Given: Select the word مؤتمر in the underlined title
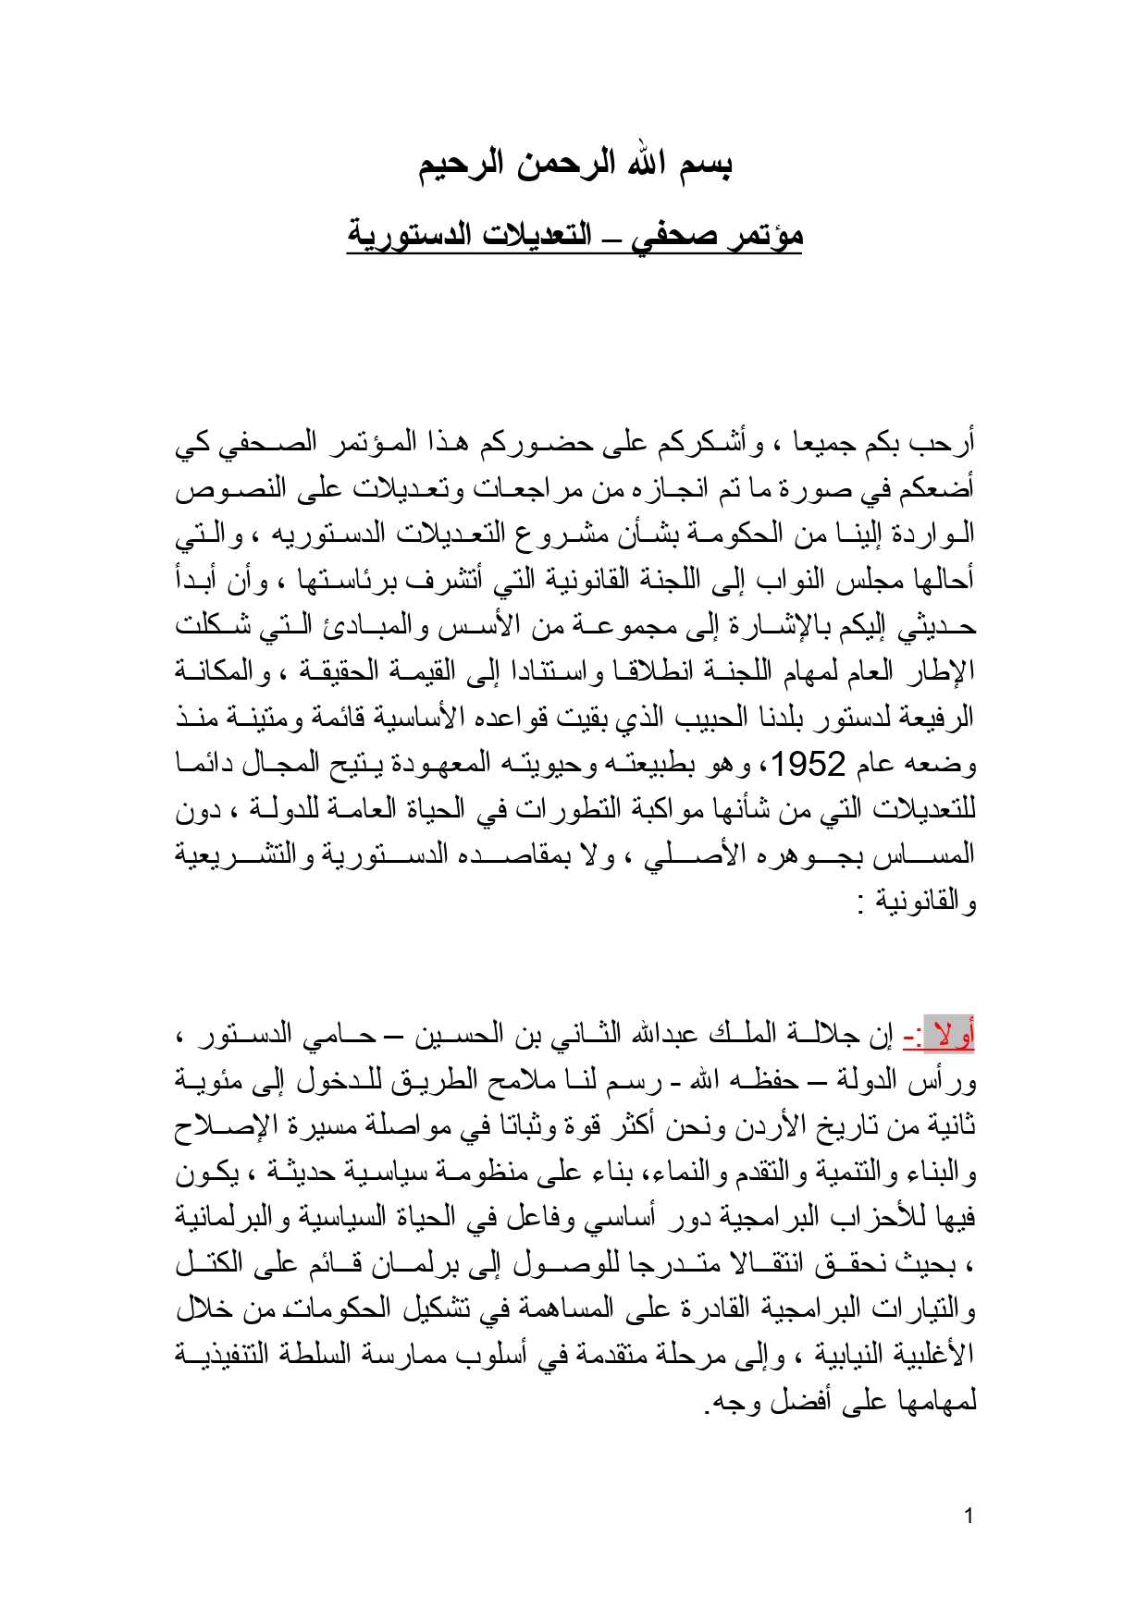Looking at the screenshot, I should point(762,235).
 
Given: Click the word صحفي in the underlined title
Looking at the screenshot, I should point(674,235).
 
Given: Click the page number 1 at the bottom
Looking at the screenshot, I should point(969,1516).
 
